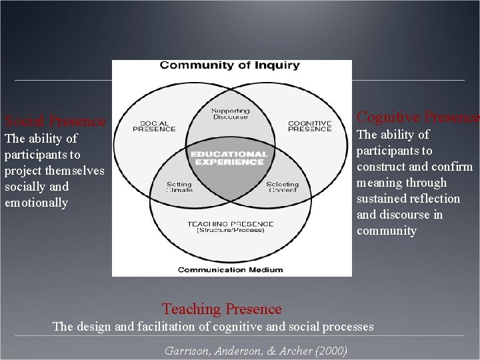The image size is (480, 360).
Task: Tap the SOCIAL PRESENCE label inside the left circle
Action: pos(154,126)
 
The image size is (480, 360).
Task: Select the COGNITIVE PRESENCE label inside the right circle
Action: pos(309,126)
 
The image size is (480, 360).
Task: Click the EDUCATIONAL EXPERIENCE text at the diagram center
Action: pos(229,158)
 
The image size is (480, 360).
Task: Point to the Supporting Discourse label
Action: pos(230,114)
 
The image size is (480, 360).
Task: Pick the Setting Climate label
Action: pos(179,187)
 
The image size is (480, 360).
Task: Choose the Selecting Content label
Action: pos(282,187)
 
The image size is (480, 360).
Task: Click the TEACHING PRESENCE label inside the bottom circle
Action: pos(230,224)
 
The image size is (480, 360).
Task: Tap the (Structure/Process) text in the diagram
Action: pos(230,231)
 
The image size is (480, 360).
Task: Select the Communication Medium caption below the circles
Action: pos(230,270)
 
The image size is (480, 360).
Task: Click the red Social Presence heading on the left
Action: pos(55,121)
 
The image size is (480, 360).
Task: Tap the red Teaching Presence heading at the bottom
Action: pos(222,309)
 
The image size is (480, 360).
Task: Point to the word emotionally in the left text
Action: pos(36,203)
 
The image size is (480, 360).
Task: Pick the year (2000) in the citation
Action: pos(333,351)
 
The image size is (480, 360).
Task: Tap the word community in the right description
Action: pos(386,231)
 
